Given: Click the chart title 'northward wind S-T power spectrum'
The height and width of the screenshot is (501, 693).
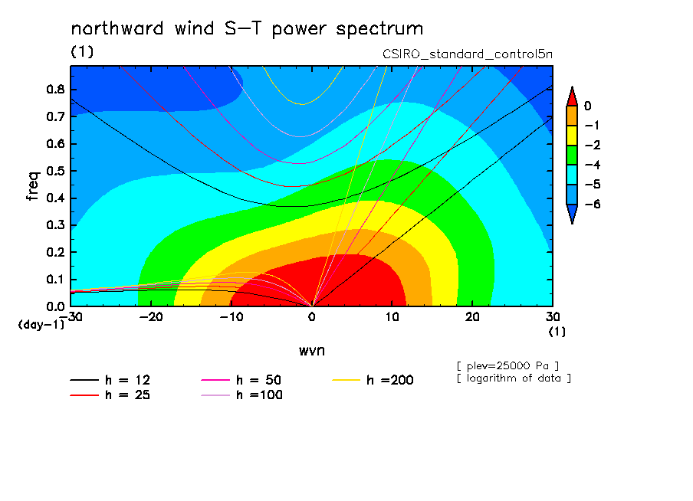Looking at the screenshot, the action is point(247,29).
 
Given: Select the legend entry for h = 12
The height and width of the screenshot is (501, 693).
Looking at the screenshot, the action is point(110,380).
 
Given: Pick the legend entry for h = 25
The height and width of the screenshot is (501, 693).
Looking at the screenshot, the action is point(110,395).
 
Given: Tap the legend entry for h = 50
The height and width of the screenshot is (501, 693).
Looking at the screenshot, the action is point(241,380).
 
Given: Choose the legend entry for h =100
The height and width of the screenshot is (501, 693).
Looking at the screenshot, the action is point(241,395).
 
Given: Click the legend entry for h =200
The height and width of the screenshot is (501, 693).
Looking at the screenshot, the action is point(373,380).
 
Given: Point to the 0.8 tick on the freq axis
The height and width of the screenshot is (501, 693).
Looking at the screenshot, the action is point(56,89).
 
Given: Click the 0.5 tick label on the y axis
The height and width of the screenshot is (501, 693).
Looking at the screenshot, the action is point(56,171).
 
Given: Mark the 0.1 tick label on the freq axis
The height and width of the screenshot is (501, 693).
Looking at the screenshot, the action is point(56,280).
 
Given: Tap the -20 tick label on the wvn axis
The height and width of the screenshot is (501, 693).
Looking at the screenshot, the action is point(151,317).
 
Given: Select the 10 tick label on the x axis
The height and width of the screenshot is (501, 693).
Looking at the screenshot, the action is point(392,317).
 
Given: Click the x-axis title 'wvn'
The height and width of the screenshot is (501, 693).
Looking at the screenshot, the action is point(312,351).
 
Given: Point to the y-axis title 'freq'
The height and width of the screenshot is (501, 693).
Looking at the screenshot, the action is point(33,186).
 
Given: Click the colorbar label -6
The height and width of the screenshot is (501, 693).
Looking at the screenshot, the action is point(593,204).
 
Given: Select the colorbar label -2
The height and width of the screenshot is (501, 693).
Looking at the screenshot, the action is point(593,146).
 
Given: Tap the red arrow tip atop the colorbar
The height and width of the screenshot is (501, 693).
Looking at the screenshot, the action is point(572,87).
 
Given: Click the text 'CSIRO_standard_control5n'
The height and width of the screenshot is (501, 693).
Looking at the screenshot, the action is point(468,54).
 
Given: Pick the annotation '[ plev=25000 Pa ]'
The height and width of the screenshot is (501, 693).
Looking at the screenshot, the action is point(507,366).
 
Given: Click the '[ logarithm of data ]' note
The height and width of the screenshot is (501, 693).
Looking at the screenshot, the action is point(514,378).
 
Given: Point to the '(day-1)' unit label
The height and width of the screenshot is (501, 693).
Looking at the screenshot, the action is point(41,325).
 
